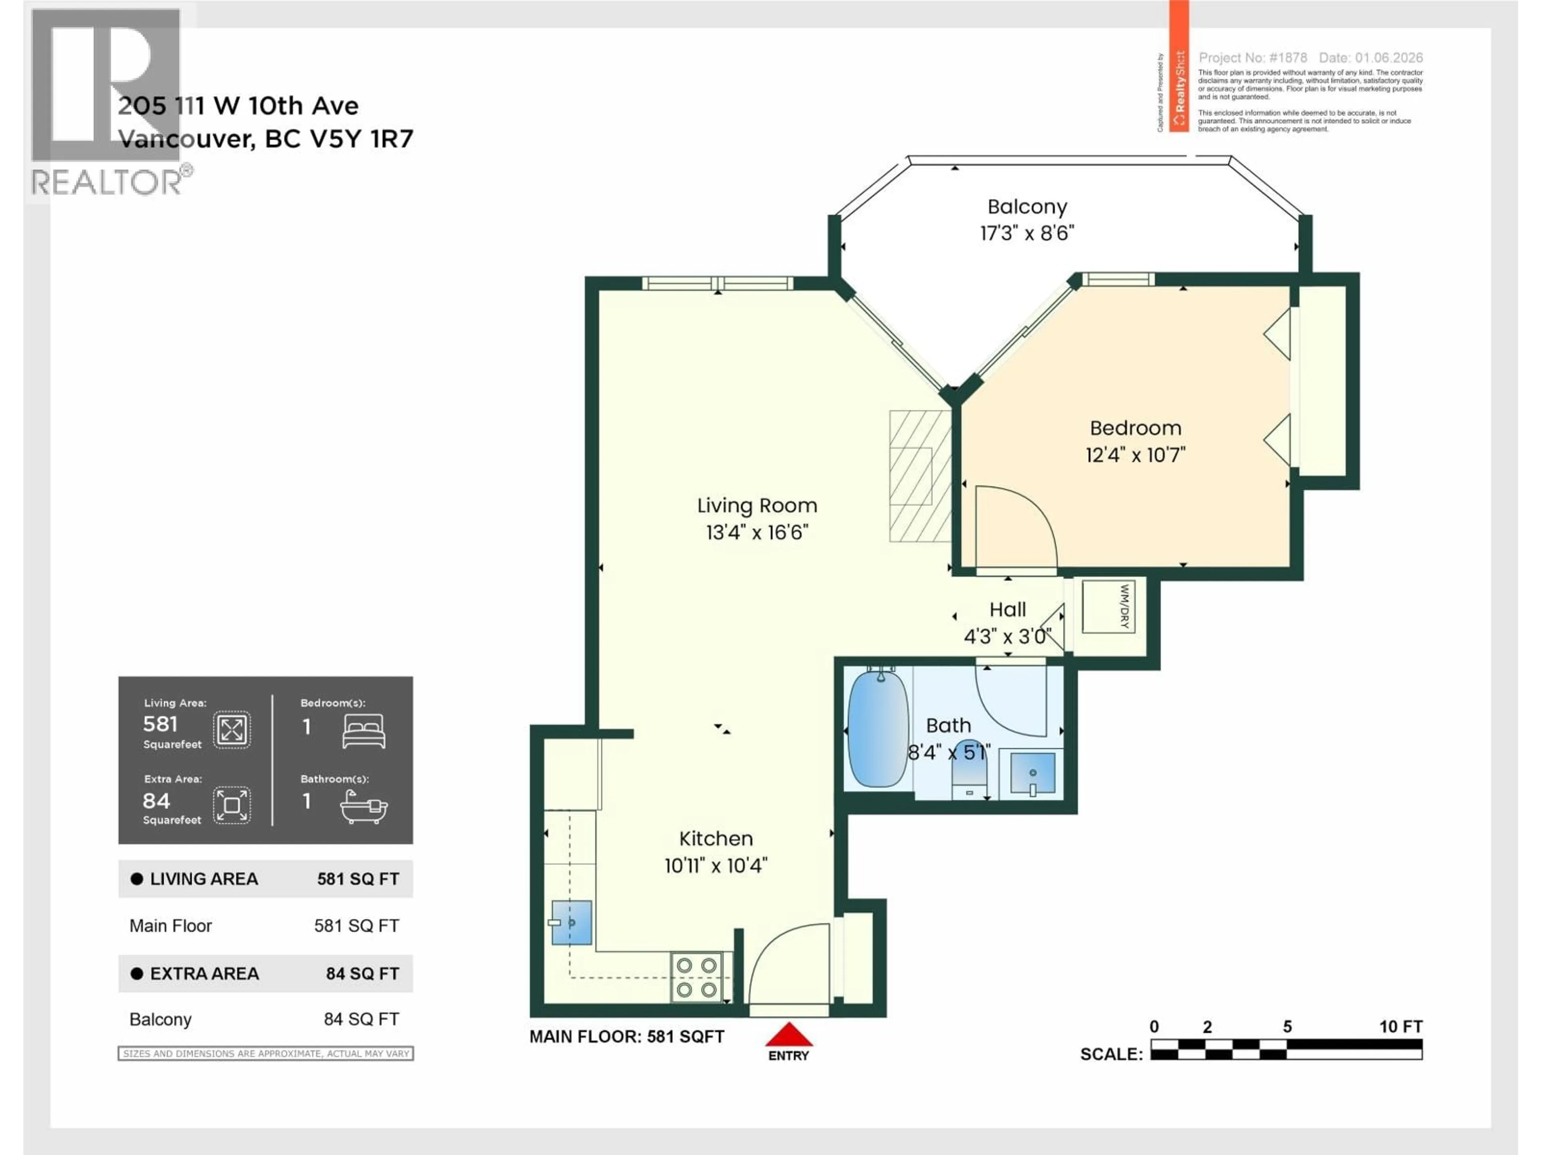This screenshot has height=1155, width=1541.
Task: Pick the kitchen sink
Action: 571,922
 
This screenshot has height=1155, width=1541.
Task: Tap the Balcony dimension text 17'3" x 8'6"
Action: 1027,233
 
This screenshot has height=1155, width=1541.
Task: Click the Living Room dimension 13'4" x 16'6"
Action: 756,533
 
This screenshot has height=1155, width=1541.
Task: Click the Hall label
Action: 1007,610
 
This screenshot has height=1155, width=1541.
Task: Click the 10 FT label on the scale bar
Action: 1400,1026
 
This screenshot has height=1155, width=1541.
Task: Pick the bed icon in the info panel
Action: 364,731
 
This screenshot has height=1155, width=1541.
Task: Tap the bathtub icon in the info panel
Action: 364,808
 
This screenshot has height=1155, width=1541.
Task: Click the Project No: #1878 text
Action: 1252,58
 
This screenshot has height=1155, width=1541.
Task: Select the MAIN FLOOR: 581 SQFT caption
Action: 626,1037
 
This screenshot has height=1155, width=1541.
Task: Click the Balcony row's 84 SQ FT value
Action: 361,1019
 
